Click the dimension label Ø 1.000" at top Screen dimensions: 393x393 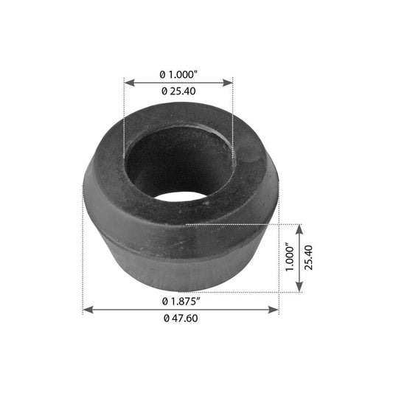(x=178, y=74)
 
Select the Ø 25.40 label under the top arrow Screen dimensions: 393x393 (x=178, y=91)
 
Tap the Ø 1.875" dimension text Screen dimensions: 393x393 (x=181, y=301)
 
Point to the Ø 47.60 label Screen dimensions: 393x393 (x=181, y=319)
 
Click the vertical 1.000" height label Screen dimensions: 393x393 (x=290, y=257)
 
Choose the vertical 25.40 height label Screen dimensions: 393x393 (x=308, y=257)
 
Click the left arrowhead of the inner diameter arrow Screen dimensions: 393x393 (x=129, y=83)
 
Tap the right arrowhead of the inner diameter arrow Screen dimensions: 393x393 (x=228, y=83)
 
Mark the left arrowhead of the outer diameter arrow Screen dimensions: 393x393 (x=88, y=310)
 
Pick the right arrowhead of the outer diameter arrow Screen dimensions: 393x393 (x=274, y=310)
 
